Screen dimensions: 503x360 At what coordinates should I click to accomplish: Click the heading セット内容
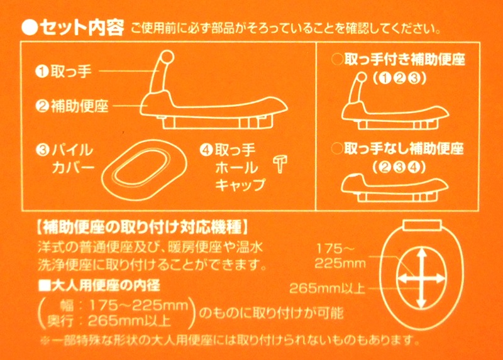pos(82,28)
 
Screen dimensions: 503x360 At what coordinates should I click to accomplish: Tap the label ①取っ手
pos(64,71)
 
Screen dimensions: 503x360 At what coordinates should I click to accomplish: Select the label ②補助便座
pos(72,106)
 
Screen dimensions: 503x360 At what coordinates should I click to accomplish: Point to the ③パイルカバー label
pos(65,159)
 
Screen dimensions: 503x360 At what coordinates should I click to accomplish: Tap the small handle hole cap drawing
pos(280,164)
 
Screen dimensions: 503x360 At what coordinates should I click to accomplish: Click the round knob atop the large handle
pos(167,57)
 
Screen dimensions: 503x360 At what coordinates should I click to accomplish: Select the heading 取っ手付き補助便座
pos(404,60)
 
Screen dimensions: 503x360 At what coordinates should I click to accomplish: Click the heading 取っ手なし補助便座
pos(404,148)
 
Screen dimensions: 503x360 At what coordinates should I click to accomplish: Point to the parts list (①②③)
pos(400,78)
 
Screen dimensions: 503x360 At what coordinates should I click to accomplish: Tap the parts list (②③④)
pos(399,167)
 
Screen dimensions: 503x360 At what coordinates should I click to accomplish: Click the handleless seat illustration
pos(395,188)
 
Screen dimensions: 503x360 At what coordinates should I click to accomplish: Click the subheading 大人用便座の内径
pos(99,285)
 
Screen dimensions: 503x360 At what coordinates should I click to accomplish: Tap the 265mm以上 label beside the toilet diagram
pos(328,288)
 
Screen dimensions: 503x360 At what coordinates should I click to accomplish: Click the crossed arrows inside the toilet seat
pos(421,278)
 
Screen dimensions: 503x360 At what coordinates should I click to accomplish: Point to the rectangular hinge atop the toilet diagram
pos(423,225)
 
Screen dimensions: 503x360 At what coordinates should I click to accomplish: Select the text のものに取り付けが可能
pos(272,312)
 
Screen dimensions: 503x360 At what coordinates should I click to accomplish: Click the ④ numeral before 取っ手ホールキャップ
pos(206,150)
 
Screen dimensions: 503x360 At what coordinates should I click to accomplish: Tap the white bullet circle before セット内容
pos(30,28)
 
